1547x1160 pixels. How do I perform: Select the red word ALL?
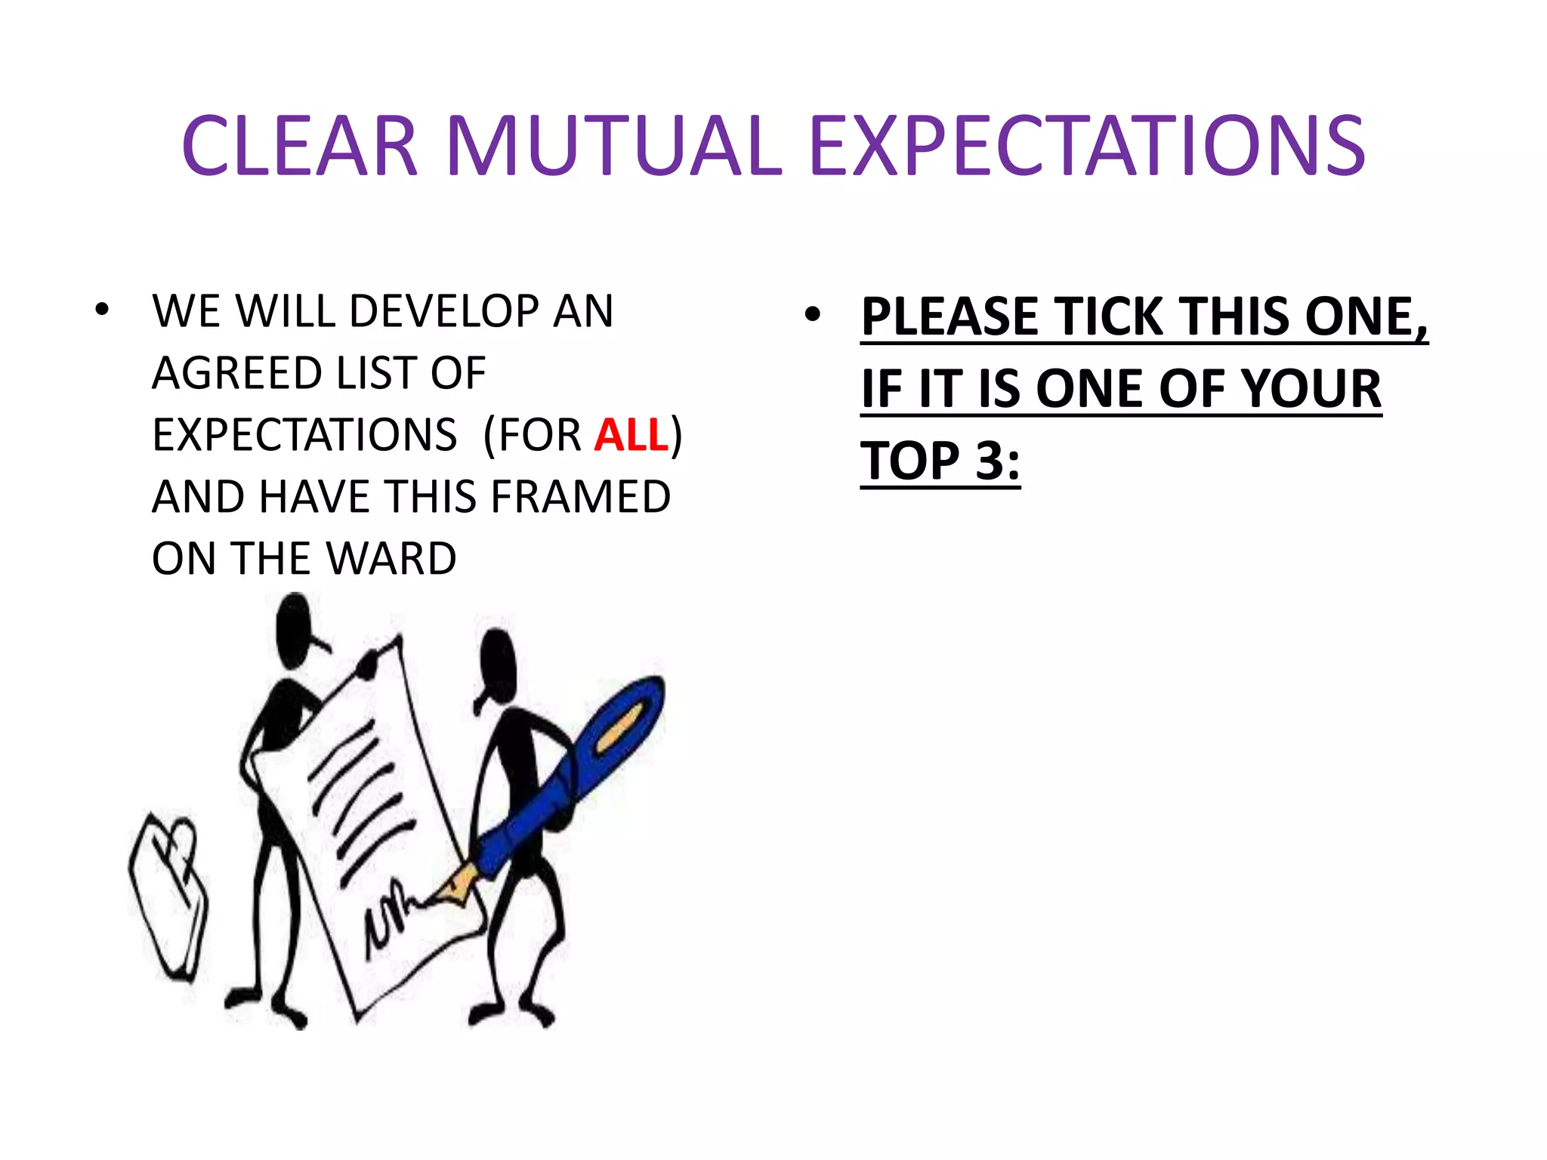[x=631, y=435]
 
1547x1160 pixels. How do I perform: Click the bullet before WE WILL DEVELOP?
[x=102, y=309]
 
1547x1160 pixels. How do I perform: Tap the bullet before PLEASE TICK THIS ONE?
[x=812, y=314]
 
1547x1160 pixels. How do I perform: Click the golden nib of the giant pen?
[x=457, y=887]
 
